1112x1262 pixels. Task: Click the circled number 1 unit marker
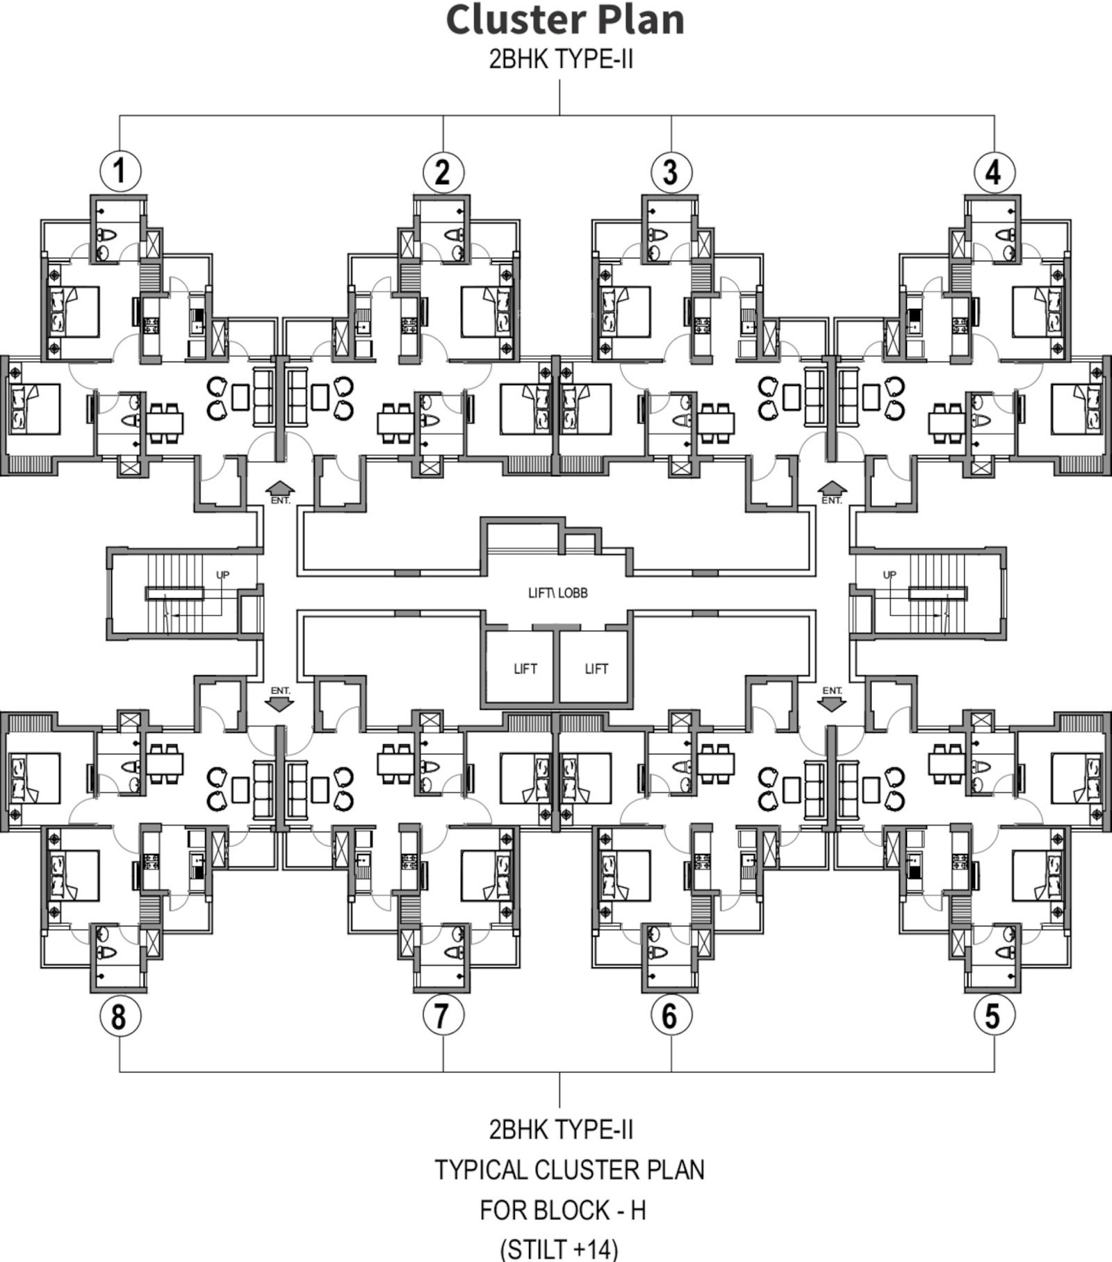pyautogui.click(x=120, y=171)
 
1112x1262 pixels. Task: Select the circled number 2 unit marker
pyautogui.click(x=443, y=171)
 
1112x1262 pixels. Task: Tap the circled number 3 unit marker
pyautogui.click(x=671, y=171)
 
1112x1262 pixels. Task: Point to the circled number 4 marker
pyautogui.click(x=995, y=171)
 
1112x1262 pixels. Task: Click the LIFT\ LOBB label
pyautogui.click(x=557, y=593)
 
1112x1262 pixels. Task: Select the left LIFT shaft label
pyautogui.click(x=525, y=669)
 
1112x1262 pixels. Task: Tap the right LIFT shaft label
pyautogui.click(x=596, y=669)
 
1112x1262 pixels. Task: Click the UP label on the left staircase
pyautogui.click(x=222, y=575)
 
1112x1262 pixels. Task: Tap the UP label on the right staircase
pyautogui.click(x=890, y=575)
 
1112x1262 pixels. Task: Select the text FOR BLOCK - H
pyautogui.click(x=563, y=1211)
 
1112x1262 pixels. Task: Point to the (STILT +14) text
pyautogui.click(x=559, y=1249)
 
